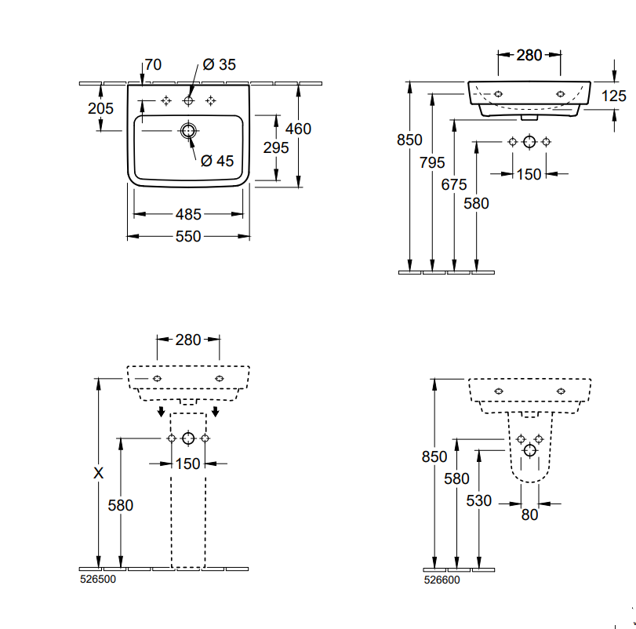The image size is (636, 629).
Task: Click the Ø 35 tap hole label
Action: [x=219, y=64]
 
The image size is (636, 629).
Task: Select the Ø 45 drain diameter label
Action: [x=217, y=161]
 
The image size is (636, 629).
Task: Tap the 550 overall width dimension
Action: [x=188, y=236]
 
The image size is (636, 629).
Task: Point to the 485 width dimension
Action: [x=188, y=214]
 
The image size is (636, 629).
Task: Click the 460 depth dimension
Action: [x=298, y=129]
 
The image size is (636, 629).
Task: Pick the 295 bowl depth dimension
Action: [x=276, y=147]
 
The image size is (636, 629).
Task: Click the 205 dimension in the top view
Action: [x=100, y=108]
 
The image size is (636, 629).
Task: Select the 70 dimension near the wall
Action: [x=153, y=64]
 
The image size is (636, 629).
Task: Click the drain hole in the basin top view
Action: [x=188, y=131]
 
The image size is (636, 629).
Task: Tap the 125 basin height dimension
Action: [x=614, y=96]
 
